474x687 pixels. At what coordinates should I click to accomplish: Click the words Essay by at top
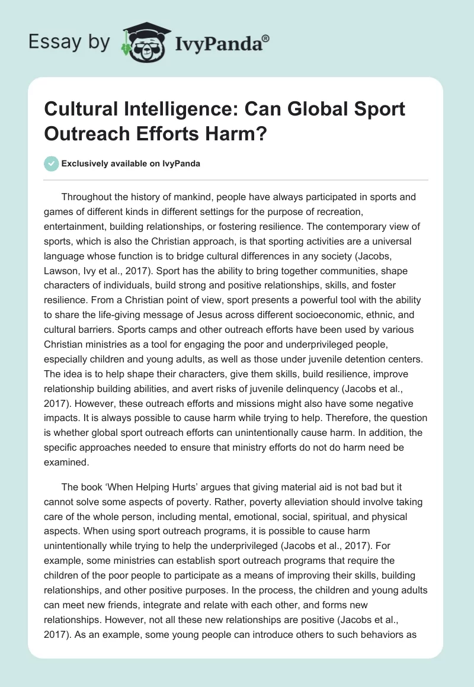[68, 42]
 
